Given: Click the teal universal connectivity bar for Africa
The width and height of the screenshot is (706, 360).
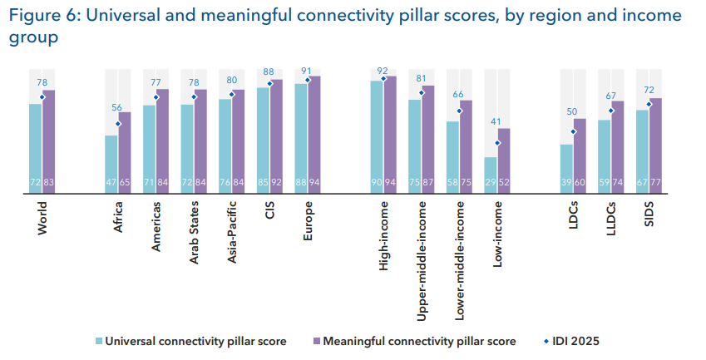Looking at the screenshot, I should (111, 162).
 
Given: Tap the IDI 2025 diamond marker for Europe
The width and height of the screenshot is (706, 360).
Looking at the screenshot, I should (308, 80).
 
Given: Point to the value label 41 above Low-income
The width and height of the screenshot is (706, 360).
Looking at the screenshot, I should (497, 122).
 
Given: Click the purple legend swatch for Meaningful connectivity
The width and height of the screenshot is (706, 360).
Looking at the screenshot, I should (314, 341).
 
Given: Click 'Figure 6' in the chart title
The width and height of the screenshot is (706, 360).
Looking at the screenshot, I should (42, 15).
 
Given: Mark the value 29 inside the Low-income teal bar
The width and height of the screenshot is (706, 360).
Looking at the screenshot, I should (491, 183).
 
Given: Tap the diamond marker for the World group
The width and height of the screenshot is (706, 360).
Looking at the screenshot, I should (42, 96).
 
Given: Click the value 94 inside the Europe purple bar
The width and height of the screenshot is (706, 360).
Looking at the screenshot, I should (314, 183).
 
